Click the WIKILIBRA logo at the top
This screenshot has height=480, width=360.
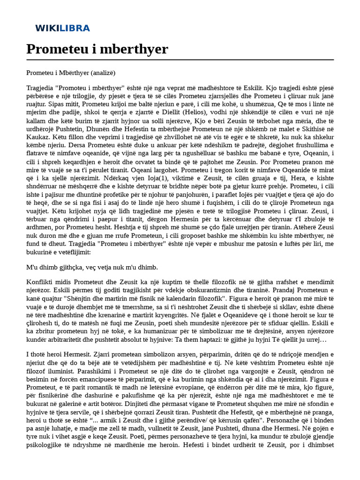tap(62, 28)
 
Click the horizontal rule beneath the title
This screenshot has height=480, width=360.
tap(180, 60)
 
